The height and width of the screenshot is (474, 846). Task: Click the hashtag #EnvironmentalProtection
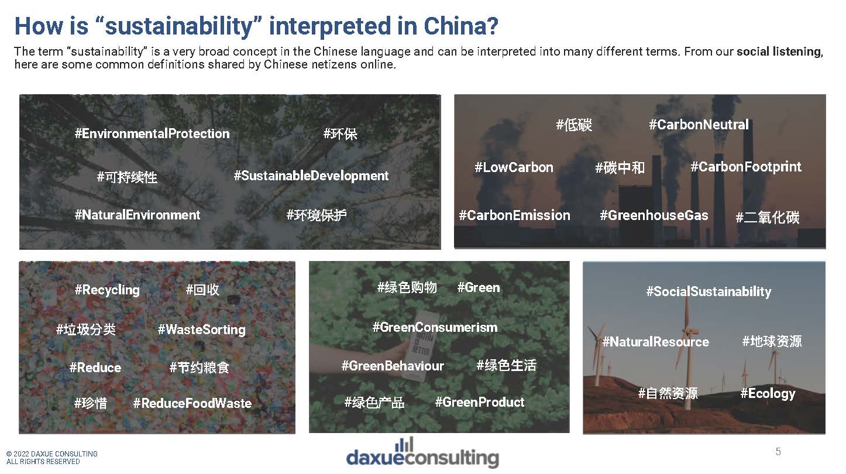[x=152, y=133]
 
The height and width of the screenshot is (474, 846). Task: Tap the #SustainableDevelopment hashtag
[x=311, y=176]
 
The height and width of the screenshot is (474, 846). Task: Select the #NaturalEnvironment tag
[x=137, y=215]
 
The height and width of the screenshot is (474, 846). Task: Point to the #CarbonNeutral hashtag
[x=699, y=125]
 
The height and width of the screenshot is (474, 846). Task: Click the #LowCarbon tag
[x=514, y=167]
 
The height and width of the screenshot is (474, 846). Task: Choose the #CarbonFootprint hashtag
[x=746, y=167]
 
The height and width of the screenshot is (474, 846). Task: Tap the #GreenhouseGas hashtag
[x=654, y=215]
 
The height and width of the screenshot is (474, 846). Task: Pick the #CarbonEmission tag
[x=514, y=215]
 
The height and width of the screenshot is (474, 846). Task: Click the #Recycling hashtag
[x=107, y=290]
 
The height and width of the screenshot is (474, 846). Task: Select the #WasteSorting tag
[x=201, y=329]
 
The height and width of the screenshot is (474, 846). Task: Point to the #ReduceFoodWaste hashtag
[x=192, y=403]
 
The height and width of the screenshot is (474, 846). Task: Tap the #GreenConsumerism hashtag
[x=435, y=327]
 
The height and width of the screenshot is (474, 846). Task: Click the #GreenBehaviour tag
[x=393, y=366]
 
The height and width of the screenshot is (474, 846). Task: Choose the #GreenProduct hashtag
[x=480, y=402]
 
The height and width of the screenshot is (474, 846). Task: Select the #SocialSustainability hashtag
[x=709, y=291]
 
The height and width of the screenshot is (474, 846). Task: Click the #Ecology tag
[x=768, y=393]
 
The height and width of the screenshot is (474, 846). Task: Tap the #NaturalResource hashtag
[x=655, y=342]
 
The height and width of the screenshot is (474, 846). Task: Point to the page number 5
[x=778, y=451]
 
